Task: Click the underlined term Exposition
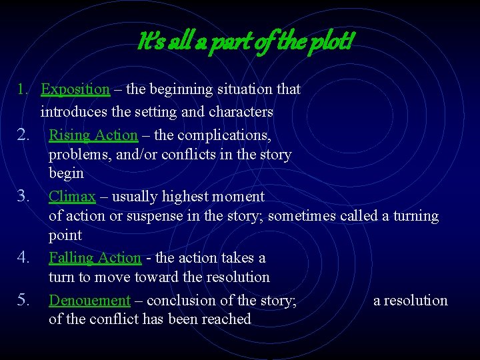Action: click(x=75, y=89)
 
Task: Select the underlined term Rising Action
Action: click(x=93, y=135)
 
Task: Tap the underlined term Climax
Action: click(x=72, y=197)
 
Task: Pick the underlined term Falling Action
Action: click(x=95, y=258)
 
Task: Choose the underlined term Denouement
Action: click(x=89, y=301)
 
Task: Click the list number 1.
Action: click(x=23, y=89)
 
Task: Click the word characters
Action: click(x=241, y=112)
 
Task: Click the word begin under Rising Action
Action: click(x=66, y=174)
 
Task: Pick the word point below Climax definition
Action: click(x=65, y=235)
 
